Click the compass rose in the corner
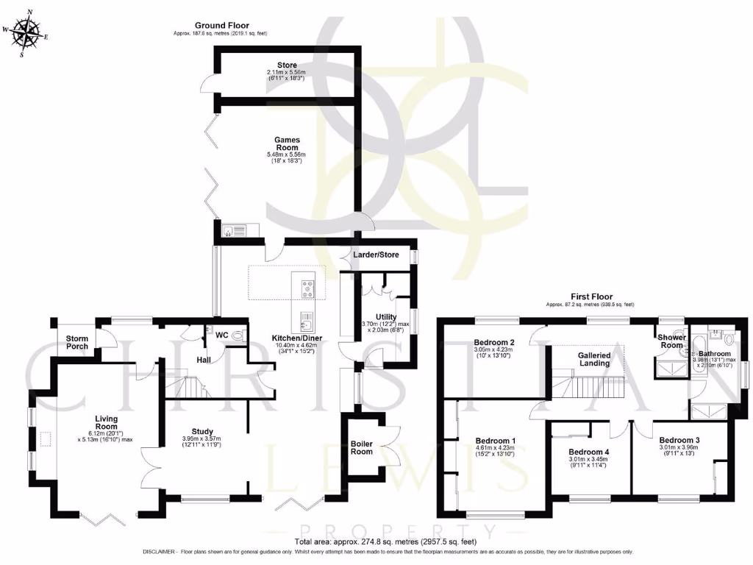click(27, 33)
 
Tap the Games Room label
click(288, 143)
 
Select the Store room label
click(288, 65)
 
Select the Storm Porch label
click(76, 342)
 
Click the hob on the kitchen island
click(304, 285)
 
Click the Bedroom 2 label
click(493, 342)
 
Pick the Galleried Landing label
click(594, 359)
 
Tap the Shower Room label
click(671, 341)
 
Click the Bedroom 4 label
click(590, 452)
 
